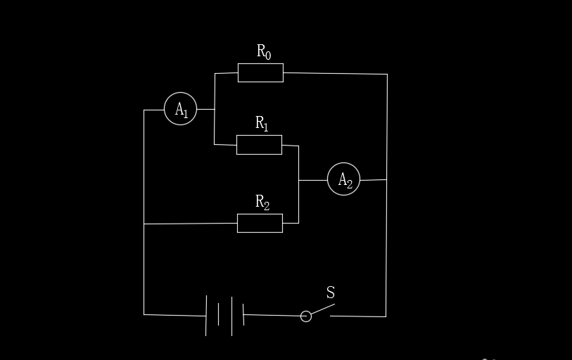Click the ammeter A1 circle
pos(165,109)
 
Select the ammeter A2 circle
pos(328,179)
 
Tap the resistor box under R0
pos(260,64)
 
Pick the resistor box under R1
pos(259,136)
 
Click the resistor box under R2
pos(260,214)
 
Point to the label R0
pos(264,52)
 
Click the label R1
pos(262,123)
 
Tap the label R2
pos(262,202)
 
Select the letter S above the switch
pos(331,292)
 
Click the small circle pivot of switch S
pos(305,316)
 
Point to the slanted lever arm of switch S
pos(323,309)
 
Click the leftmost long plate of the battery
pos(206,316)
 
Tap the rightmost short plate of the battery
pos(243,314)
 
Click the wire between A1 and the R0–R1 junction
pos(205,109)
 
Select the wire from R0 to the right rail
pos(335,74)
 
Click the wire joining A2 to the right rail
pos(373,180)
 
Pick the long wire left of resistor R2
pos(191,224)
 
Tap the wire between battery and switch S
pos(272,315)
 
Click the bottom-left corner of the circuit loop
pos(144,314)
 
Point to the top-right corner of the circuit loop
pos(387,74)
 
